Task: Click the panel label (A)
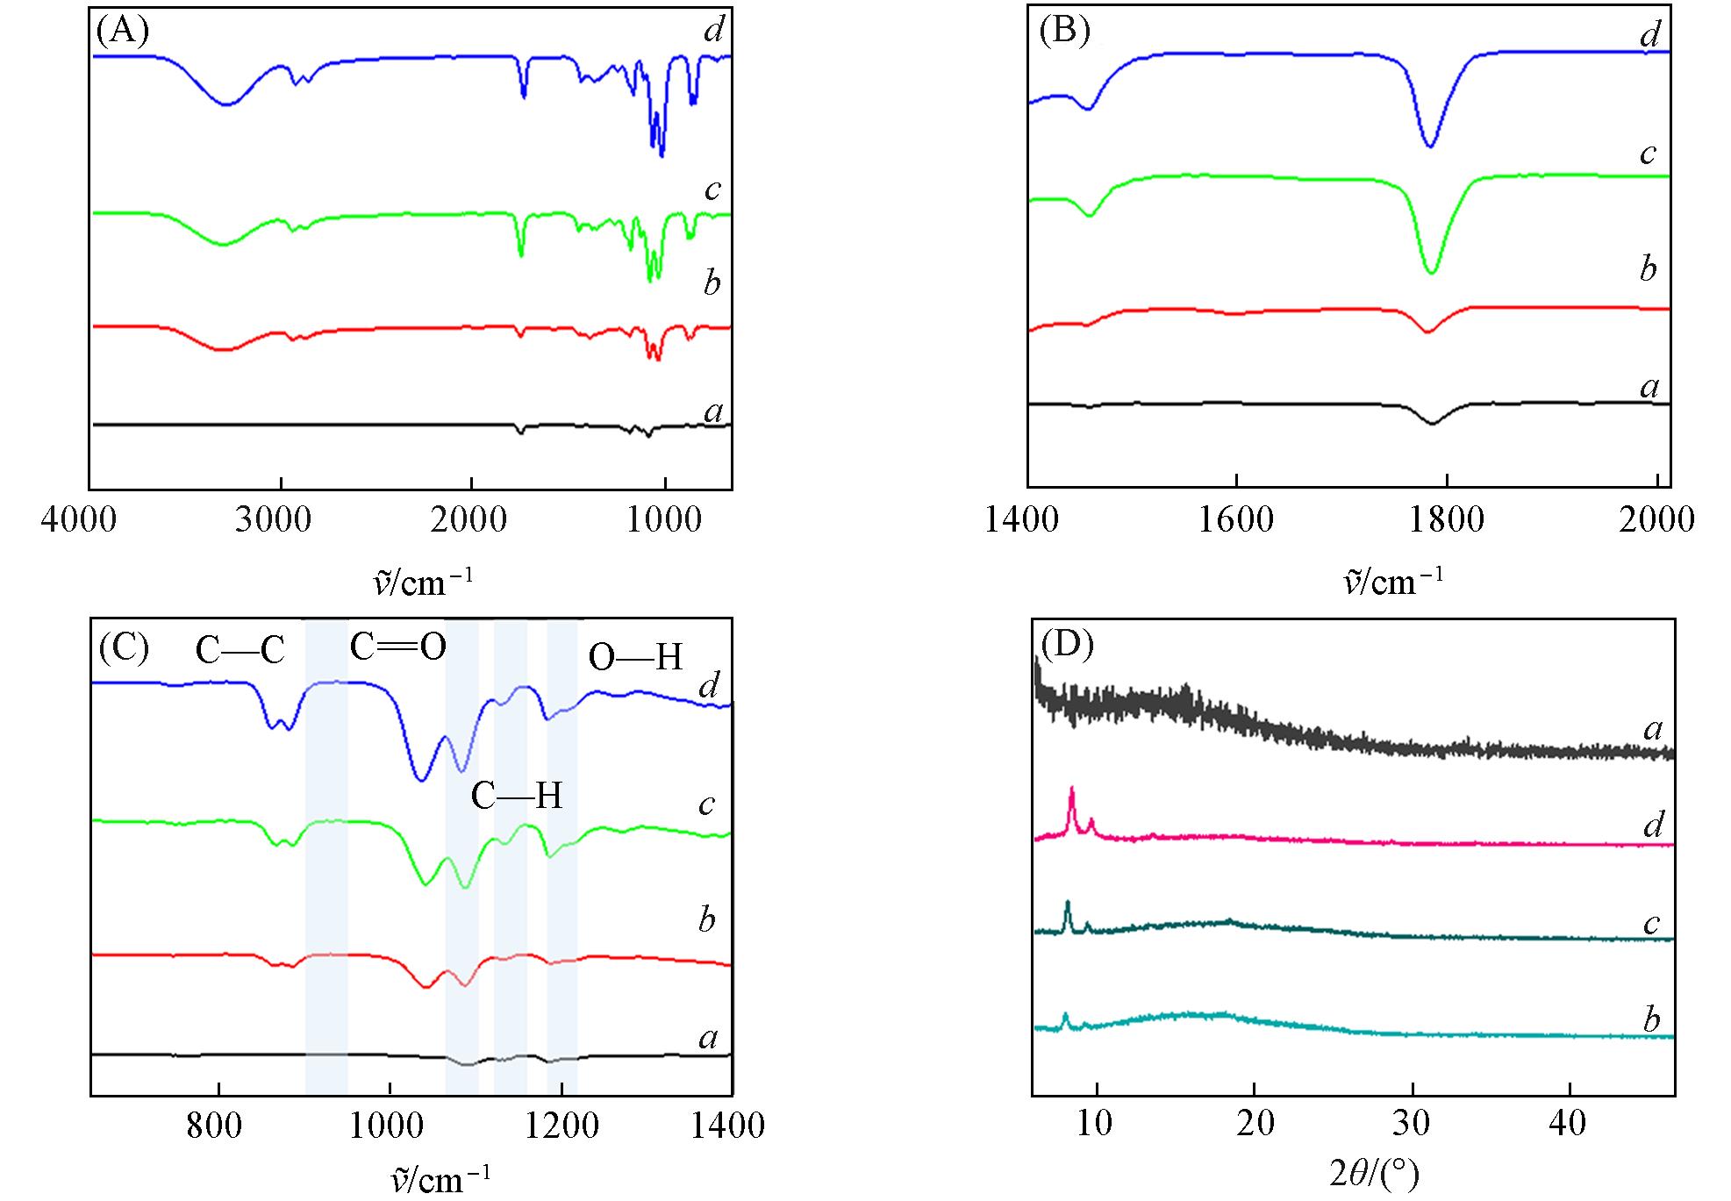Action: (x=123, y=32)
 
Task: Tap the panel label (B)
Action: (x=1063, y=32)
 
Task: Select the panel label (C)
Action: (x=124, y=648)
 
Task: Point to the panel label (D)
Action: (x=1067, y=645)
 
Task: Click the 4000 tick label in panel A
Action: (x=79, y=519)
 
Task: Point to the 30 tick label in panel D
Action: (x=1411, y=1122)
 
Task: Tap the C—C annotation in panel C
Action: (x=240, y=651)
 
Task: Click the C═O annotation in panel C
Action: (x=398, y=647)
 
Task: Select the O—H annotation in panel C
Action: (x=635, y=657)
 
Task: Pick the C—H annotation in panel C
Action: (x=517, y=796)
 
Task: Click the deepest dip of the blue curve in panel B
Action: (x=1431, y=147)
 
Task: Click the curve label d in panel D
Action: (x=1654, y=824)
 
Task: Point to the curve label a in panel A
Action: (x=714, y=411)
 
